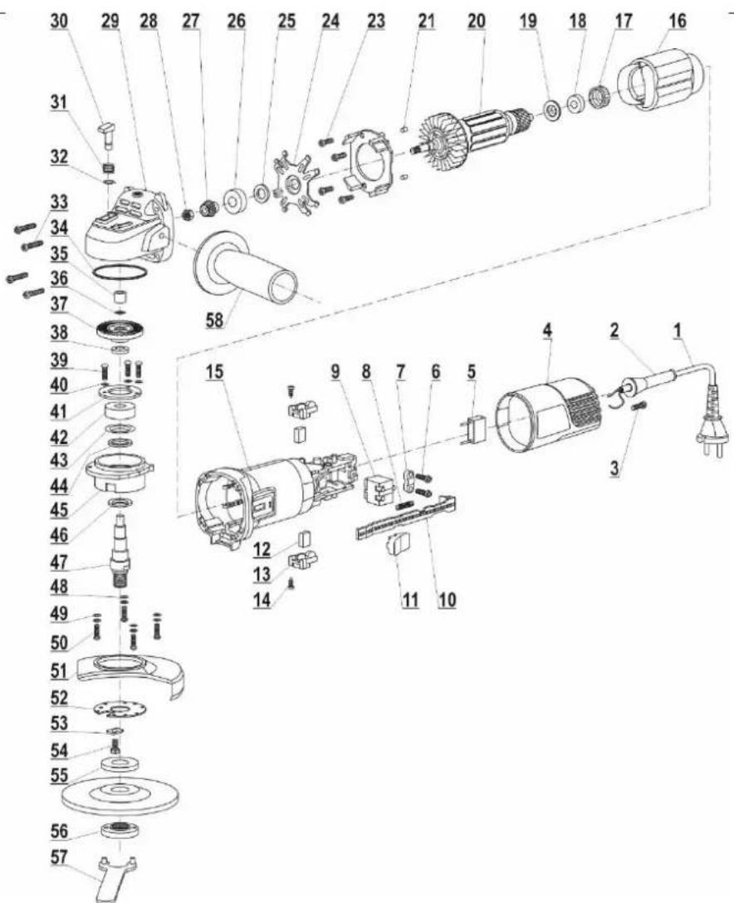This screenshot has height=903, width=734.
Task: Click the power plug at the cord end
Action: [711, 440]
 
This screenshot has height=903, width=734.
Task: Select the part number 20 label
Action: [477, 22]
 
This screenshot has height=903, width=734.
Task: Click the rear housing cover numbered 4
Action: [550, 415]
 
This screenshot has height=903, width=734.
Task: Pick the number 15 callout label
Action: [214, 372]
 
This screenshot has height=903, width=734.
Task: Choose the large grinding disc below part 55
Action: [120, 793]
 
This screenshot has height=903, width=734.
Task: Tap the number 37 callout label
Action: [59, 304]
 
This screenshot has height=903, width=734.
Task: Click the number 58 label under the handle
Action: [215, 320]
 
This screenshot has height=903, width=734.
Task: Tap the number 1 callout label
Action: [678, 331]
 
